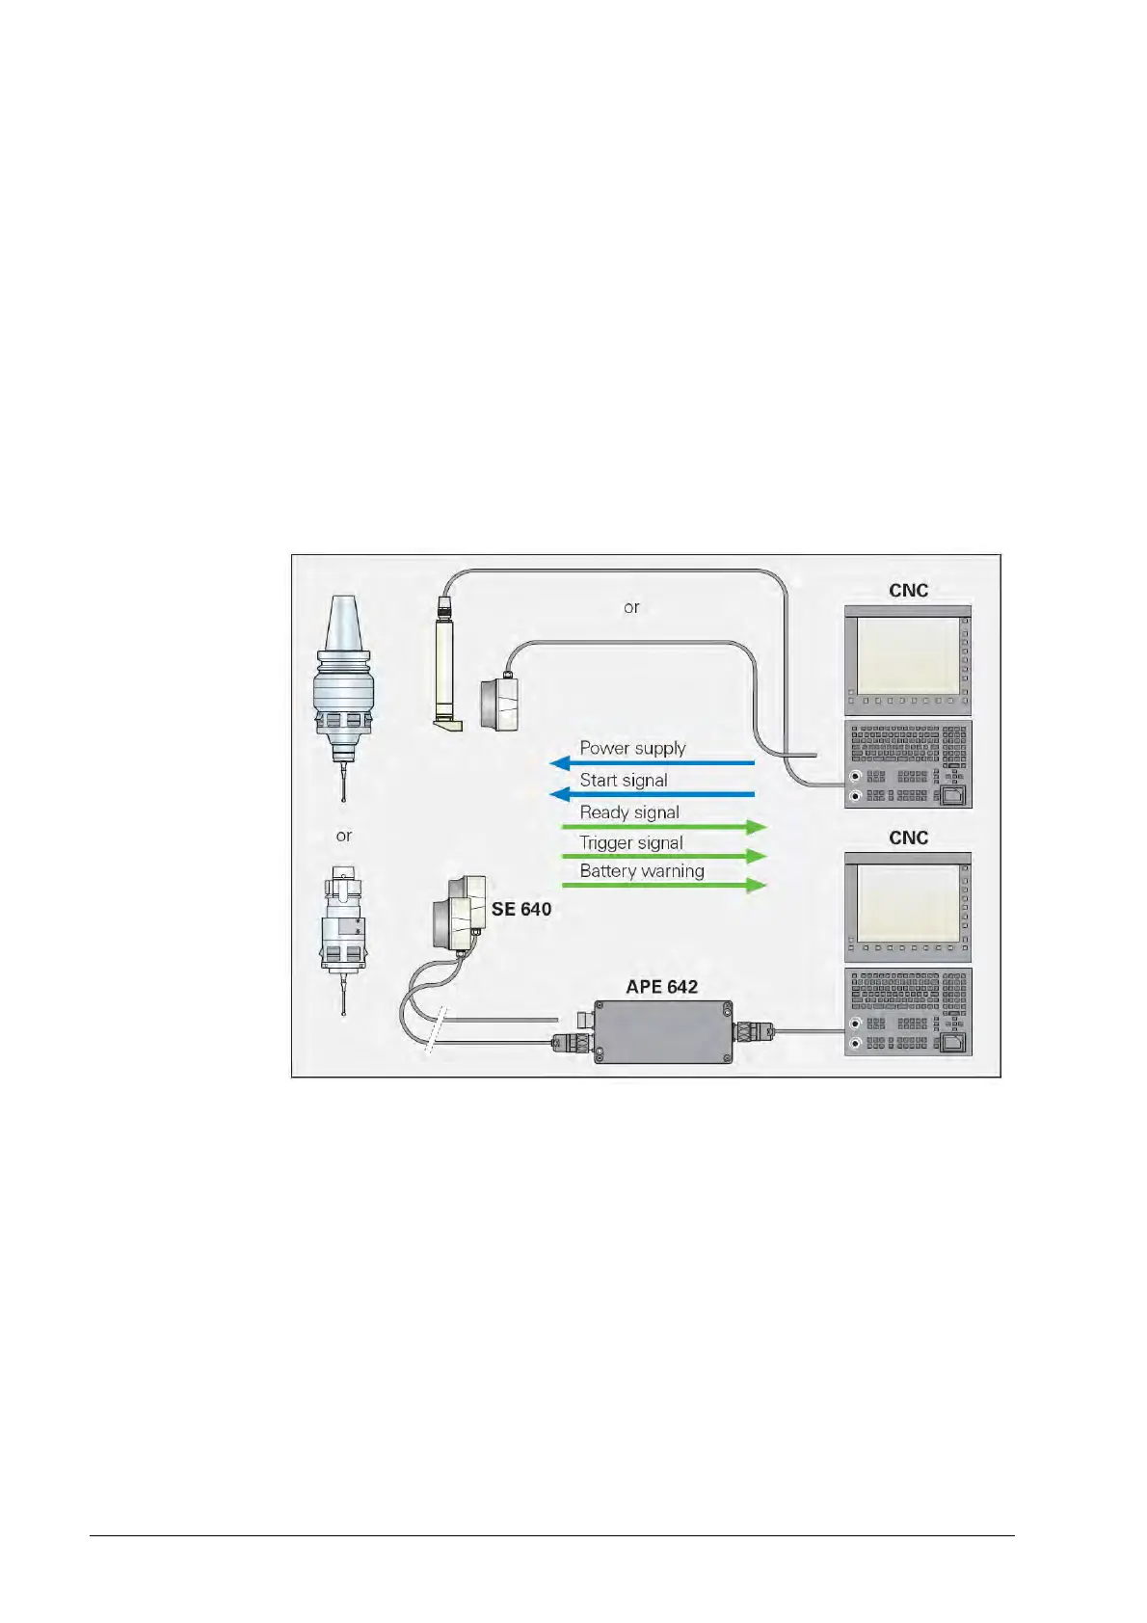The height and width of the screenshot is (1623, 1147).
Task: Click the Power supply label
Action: pyautogui.click(x=632, y=748)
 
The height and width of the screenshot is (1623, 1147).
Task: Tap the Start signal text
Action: pyautogui.click(x=623, y=780)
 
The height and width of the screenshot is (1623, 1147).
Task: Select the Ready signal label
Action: pyautogui.click(x=629, y=812)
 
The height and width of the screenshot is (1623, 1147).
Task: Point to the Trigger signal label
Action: pyautogui.click(x=631, y=842)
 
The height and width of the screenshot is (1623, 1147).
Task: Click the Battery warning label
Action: pyautogui.click(x=642, y=871)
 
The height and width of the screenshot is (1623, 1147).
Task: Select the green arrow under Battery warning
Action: pyautogui.click(x=664, y=885)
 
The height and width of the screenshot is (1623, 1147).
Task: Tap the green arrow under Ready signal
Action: pyautogui.click(x=664, y=827)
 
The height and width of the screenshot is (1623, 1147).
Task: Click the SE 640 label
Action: pyautogui.click(x=521, y=909)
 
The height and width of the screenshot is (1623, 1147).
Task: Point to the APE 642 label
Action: pyautogui.click(x=661, y=987)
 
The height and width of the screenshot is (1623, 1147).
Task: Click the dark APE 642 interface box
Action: pyautogui.click(x=662, y=1030)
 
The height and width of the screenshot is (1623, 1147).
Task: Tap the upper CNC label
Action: pyautogui.click(x=908, y=590)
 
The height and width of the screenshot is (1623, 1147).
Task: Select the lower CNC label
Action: pyautogui.click(x=908, y=838)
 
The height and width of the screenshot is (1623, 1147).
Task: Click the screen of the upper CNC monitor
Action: pyautogui.click(x=907, y=654)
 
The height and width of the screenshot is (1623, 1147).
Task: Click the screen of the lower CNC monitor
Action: pyautogui.click(x=907, y=902)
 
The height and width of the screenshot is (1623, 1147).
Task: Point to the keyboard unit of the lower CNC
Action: pyautogui.click(x=907, y=1012)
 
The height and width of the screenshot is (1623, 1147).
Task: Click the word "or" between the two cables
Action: pyautogui.click(x=631, y=607)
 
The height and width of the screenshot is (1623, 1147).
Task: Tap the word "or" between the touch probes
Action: pyautogui.click(x=344, y=836)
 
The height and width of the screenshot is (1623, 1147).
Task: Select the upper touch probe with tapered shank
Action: pyautogui.click(x=343, y=694)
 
